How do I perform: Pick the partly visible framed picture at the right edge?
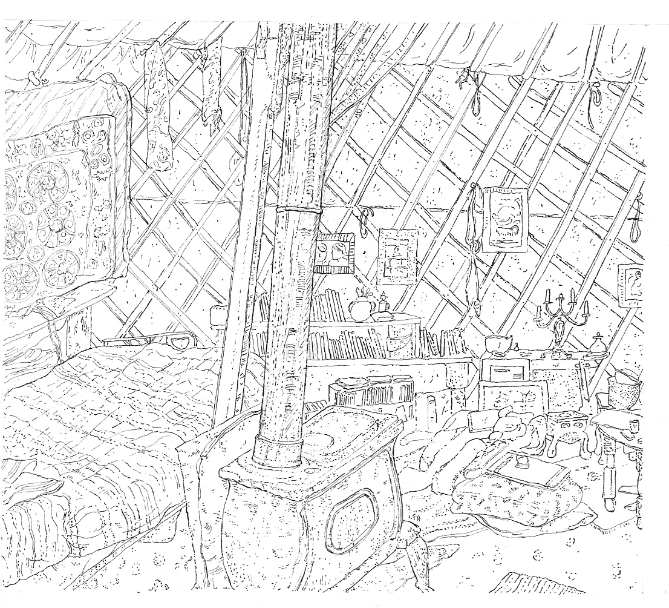(630, 285)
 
